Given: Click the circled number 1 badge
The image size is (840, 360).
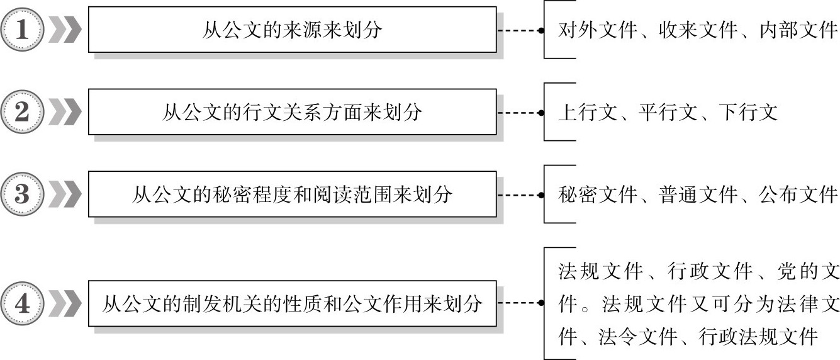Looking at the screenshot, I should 23,30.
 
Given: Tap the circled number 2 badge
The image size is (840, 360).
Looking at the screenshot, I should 23,113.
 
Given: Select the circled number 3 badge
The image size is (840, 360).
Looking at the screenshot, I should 23,194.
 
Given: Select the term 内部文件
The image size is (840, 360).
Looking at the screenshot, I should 798,30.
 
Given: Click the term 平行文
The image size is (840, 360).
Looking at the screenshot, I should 668,113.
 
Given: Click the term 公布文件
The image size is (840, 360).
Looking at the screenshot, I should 798,195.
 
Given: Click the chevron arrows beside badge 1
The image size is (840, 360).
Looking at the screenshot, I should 65,30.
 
